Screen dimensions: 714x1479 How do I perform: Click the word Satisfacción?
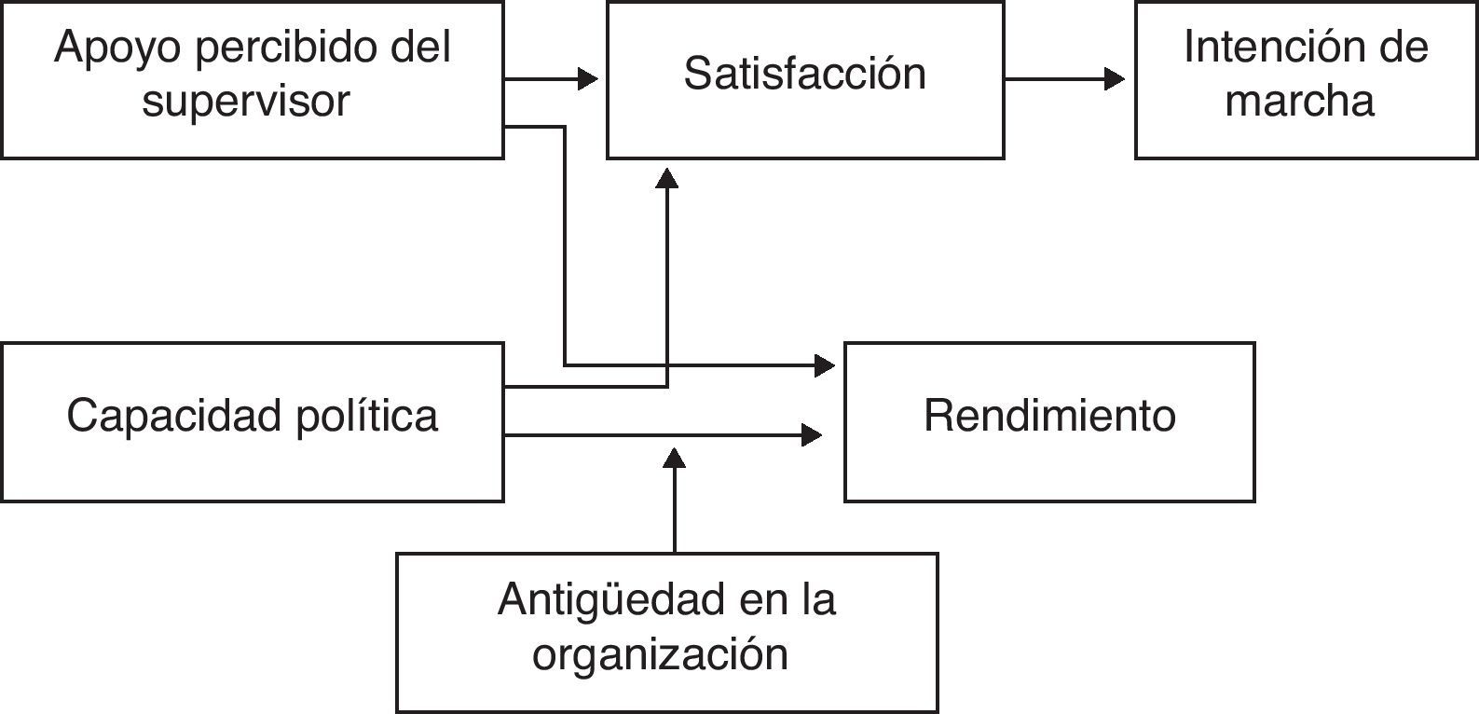(804, 75)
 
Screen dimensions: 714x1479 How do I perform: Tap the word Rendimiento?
(1049, 416)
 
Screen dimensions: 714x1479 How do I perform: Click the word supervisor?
(246, 101)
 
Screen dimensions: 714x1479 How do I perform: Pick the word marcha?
(1299, 101)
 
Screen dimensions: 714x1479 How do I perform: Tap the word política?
(367, 416)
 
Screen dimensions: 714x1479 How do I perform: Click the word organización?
(660, 654)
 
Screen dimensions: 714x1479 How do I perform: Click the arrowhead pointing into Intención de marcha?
(1115, 79)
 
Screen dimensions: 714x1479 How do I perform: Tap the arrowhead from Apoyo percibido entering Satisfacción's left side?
(588, 79)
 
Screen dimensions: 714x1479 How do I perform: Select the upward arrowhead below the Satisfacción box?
(667, 178)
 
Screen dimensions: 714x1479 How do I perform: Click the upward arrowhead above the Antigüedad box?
(675, 457)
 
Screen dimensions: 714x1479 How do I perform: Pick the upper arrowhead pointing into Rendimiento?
(825, 365)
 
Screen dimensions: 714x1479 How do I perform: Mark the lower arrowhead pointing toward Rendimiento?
(812, 434)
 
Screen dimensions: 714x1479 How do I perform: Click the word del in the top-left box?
(421, 48)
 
